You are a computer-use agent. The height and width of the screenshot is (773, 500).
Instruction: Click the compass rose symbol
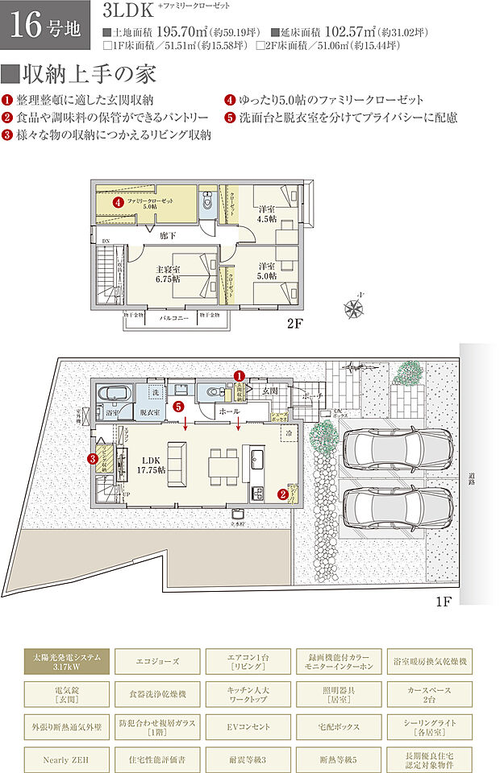(x=354, y=307)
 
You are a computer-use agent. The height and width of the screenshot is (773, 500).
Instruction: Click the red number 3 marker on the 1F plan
(x=92, y=459)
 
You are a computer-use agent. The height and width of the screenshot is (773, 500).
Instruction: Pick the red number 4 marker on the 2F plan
(x=119, y=203)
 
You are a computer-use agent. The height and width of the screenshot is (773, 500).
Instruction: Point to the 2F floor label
(x=294, y=327)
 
